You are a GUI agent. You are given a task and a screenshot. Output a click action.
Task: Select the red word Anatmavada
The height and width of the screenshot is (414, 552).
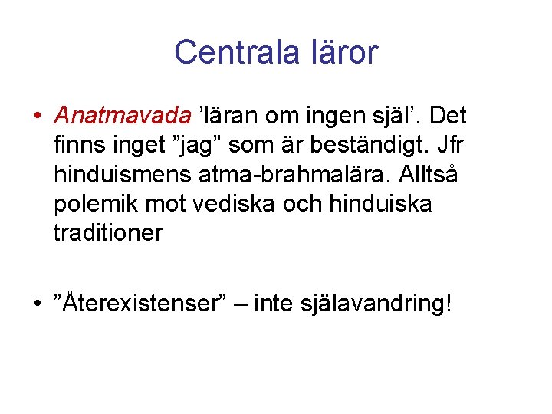click(x=123, y=116)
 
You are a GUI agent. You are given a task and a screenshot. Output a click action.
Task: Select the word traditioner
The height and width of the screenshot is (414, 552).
click(x=108, y=232)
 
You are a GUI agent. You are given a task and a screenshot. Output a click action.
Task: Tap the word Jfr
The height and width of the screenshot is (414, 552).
click(x=452, y=145)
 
